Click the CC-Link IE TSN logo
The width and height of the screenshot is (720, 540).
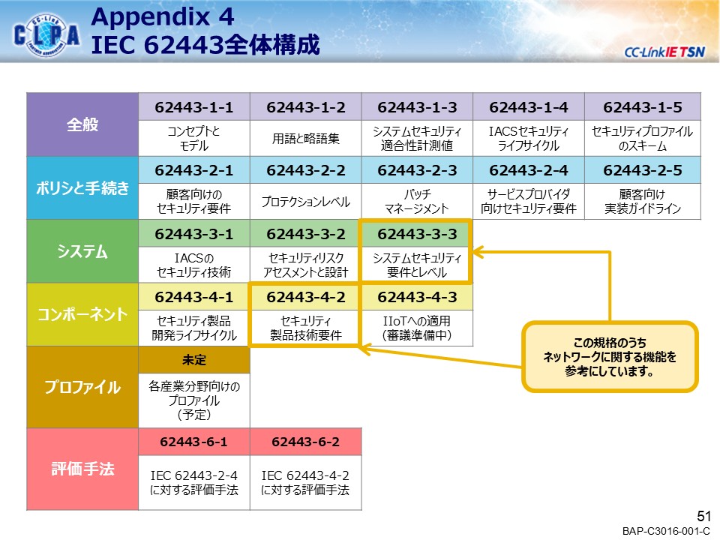coord(664,52)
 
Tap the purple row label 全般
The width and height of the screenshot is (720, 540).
coord(82,124)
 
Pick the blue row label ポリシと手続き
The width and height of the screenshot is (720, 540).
coord(82,188)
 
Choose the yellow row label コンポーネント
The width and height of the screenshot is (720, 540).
coord(82,314)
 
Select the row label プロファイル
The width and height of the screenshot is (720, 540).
coord(82,387)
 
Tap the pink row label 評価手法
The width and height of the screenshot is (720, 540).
coord(82,469)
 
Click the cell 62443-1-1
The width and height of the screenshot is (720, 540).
coord(193,106)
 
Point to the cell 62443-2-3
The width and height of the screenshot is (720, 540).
coord(416,170)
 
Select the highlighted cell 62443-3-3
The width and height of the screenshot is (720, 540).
coord(416,234)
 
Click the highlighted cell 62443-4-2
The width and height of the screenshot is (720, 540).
coord(305,297)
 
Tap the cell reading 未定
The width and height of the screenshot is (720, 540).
coord(193,359)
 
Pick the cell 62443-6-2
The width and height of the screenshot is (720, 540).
coord(305,442)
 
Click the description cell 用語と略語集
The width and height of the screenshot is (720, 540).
coord(305,138)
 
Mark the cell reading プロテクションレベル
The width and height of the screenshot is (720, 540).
coord(305,202)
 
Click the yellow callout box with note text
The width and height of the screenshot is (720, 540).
coord(610,357)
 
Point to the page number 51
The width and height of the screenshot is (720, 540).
coord(703,516)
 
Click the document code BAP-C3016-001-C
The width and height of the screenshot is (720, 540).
coord(666,531)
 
